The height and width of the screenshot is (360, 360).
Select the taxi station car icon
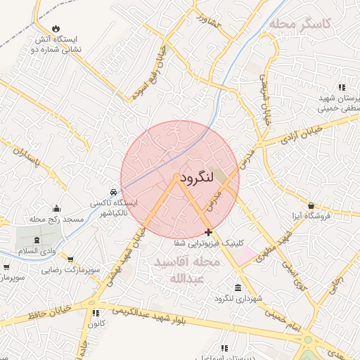point(113,192)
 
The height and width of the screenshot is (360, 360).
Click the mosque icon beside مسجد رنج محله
point(57,209)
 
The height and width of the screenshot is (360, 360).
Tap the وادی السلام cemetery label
point(20,251)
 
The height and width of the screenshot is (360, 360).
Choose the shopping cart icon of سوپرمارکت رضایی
point(70,259)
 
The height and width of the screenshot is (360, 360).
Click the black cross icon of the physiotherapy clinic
point(208,232)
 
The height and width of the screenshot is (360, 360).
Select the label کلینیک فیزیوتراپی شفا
point(210,243)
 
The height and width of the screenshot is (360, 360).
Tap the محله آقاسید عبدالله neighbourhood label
point(186,269)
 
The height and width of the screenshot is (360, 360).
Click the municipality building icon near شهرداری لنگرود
point(238,288)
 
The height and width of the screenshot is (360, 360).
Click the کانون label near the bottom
point(96,323)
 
